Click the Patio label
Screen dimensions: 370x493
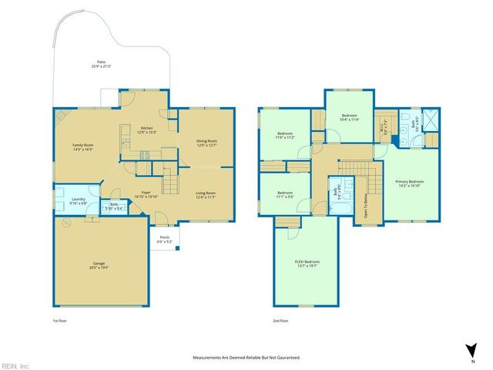(x=101, y=63)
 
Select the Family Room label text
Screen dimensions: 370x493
(x=82, y=147)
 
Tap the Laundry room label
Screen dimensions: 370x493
(x=79, y=202)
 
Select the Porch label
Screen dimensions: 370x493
(x=164, y=239)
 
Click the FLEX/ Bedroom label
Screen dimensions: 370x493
(x=306, y=264)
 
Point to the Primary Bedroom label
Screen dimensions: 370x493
(x=410, y=183)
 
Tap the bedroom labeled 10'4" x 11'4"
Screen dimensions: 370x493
(x=349, y=118)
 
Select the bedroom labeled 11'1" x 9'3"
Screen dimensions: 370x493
(x=285, y=194)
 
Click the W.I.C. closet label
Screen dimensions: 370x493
(x=387, y=129)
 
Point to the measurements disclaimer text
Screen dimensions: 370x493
(x=246, y=358)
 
